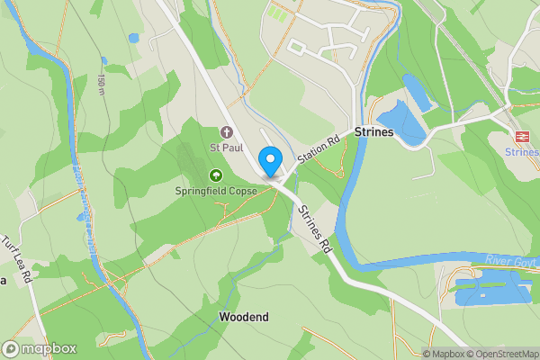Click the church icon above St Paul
point(225,133)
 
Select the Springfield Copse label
point(215,191)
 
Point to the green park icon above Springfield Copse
point(215,175)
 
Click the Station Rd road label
point(320,148)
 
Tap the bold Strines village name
point(374,132)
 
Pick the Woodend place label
point(243,317)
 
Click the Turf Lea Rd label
point(18,260)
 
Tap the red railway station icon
point(521,136)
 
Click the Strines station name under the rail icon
point(522,152)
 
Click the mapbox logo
point(40,348)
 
